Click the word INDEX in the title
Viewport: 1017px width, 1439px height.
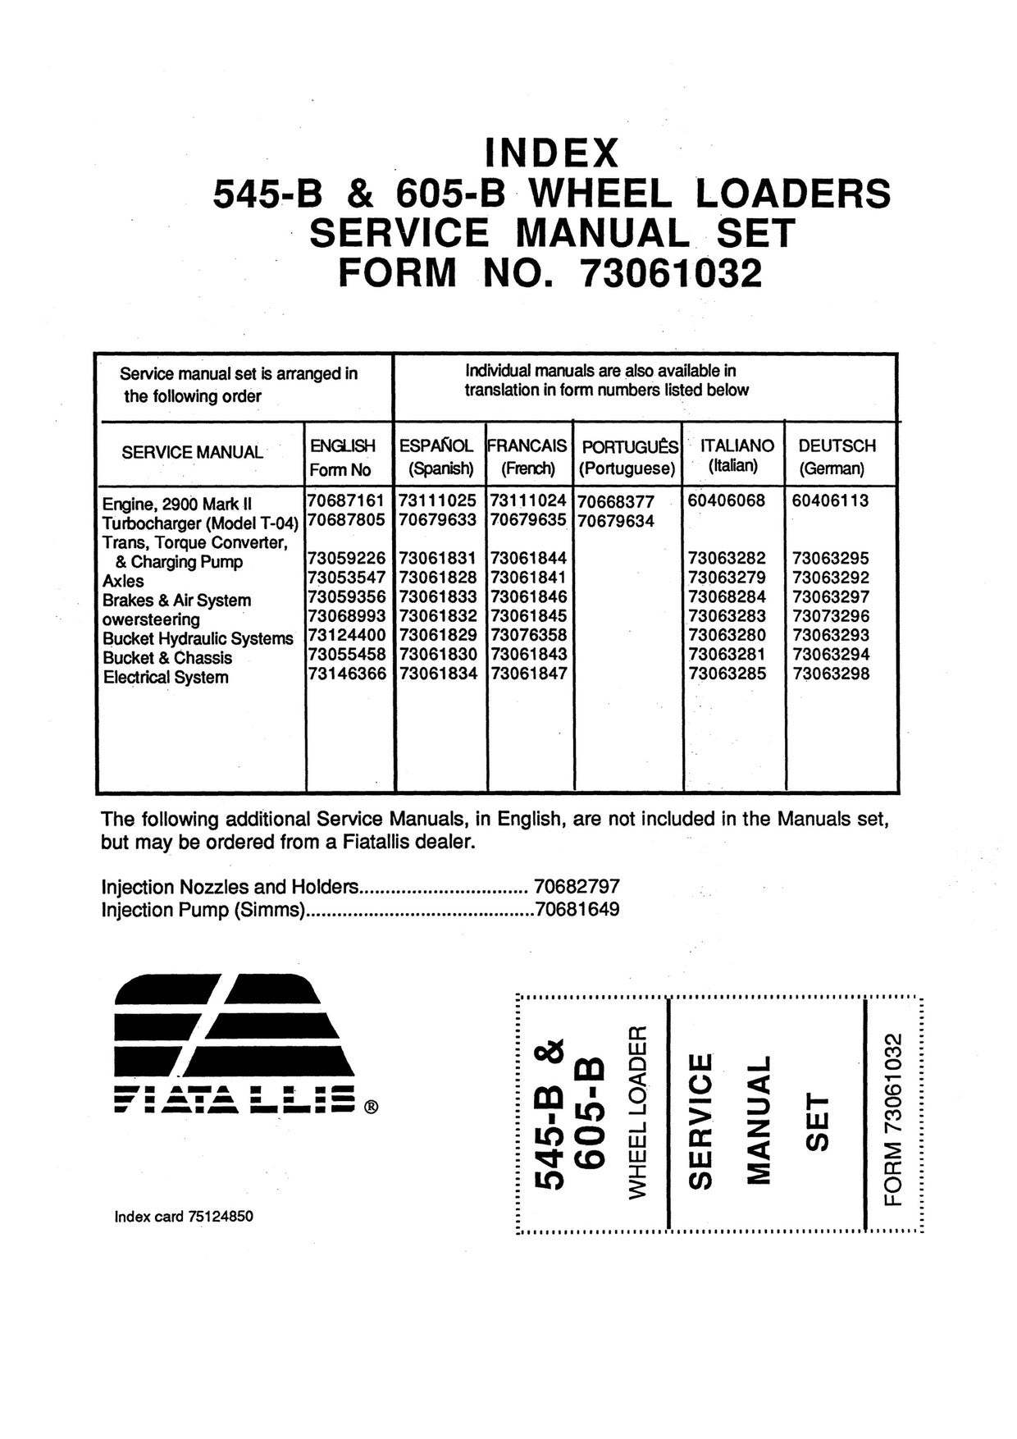point(551,153)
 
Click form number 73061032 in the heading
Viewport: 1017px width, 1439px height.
point(670,274)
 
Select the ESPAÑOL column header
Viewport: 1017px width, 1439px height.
point(436,445)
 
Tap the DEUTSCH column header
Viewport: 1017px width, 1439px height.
point(837,445)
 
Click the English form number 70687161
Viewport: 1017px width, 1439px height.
point(346,500)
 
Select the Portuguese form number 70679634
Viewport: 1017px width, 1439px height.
point(616,521)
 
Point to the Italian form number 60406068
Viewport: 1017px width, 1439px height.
point(727,500)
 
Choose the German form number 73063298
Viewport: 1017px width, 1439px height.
point(831,674)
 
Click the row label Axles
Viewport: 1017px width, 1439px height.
point(123,581)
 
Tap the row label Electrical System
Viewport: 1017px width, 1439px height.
point(166,678)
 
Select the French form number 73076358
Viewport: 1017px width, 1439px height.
point(528,635)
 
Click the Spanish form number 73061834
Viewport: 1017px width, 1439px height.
point(438,674)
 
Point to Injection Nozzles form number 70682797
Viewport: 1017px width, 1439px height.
point(577,887)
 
